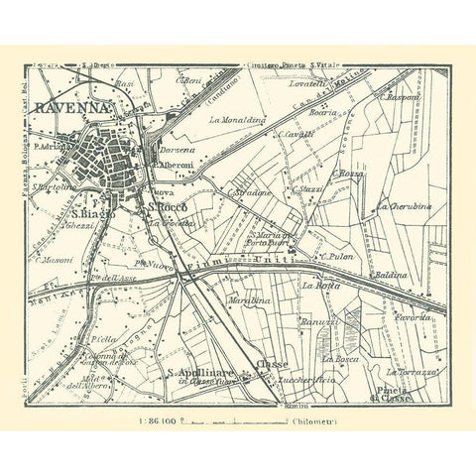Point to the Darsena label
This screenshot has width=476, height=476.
coord(177,149)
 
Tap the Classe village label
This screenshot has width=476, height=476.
coord(270,365)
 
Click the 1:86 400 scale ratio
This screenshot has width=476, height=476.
coord(151,421)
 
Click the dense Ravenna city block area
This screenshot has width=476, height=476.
coord(108,157)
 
